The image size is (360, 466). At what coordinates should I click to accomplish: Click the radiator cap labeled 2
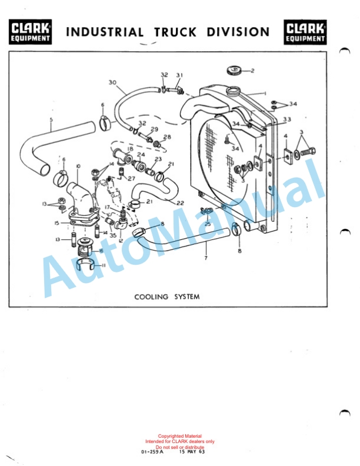(234, 71)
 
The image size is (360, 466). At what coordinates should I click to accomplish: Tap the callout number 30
(112, 82)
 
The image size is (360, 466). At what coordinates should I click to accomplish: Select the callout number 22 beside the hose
(180, 203)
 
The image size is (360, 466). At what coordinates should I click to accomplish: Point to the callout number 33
(287, 119)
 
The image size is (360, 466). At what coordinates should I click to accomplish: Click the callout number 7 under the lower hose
(206, 258)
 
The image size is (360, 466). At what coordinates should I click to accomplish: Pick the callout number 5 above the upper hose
(51, 119)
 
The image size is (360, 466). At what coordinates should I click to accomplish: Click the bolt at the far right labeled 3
(308, 152)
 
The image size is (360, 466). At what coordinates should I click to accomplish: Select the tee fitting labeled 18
(122, 156)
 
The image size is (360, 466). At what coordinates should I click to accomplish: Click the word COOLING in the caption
(151, 297)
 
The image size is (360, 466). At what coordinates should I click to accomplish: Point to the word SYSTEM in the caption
(187, 297)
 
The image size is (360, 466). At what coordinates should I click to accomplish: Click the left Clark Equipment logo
(30, 32)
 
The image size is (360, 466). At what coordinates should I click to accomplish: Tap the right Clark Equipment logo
(305, 32)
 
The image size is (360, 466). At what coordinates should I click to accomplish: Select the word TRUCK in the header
(175, 32)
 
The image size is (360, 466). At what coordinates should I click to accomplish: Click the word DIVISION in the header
(238, 32)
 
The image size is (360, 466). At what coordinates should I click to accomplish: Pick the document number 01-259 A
(152, 452)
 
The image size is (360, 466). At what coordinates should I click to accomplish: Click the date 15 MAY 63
(192, 452)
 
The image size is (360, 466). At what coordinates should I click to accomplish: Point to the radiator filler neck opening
(232, 90)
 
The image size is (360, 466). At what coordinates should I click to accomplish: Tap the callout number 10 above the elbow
(78, 167)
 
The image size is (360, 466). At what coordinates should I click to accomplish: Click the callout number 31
(179, 75)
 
